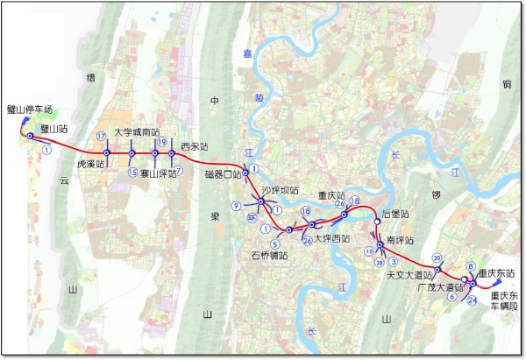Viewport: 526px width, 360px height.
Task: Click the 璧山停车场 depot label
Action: [x=30, y=109]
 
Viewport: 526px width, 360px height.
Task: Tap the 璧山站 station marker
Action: [x=31, y=137]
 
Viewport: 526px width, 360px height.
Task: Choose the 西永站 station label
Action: [x=194, y=146]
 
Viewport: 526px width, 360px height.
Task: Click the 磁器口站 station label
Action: [x=223, y=174]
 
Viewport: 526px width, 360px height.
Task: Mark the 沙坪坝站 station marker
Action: [x=260, y=201]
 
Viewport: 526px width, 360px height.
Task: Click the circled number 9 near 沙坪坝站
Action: [x=237, y=206]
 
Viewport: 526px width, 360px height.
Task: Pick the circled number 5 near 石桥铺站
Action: [x=275, y=244]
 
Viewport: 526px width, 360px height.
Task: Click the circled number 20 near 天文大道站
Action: [x=437, y=258]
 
